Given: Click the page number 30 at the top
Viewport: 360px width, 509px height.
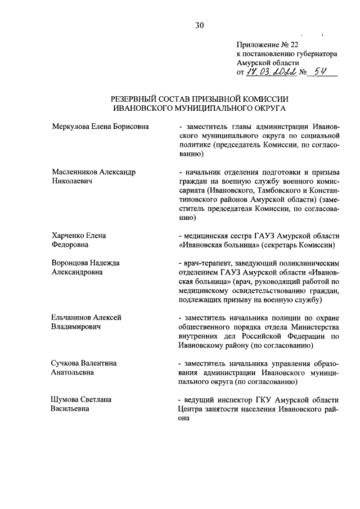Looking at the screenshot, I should pyautogui.click(x=199, y=24).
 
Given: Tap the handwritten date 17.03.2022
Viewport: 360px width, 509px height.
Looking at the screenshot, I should pyautogui.click(x=269, y=73).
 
